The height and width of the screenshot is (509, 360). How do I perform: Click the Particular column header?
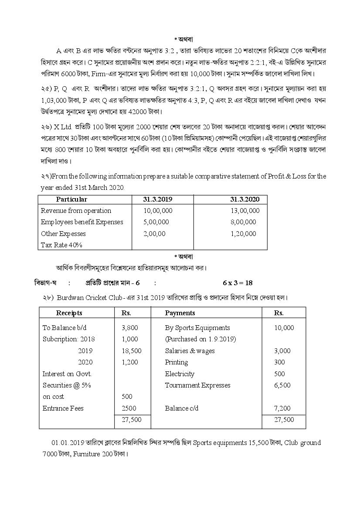click(71, 199)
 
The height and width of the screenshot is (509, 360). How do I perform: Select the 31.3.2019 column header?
click(158, 199)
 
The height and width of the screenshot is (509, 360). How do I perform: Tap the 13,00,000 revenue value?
click(245, 211)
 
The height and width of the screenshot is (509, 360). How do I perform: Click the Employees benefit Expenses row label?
click(82, 222)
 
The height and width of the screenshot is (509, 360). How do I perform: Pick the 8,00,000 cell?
click(243, 222)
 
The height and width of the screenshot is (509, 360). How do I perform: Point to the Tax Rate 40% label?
click(61, 245)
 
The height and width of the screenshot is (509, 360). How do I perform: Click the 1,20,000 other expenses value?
click(243, 234)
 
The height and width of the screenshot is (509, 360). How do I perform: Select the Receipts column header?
click(69, 313)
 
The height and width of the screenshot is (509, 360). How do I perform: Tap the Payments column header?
click(180, 313)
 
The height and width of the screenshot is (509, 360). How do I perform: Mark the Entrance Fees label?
click(63, 408)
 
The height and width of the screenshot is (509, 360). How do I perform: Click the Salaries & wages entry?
click(190, 351)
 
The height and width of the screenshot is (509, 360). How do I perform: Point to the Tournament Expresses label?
click(197, 385)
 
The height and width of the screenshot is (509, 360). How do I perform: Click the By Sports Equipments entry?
click(197, 328)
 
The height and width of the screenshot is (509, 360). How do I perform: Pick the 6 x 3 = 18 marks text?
click(238, 283)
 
